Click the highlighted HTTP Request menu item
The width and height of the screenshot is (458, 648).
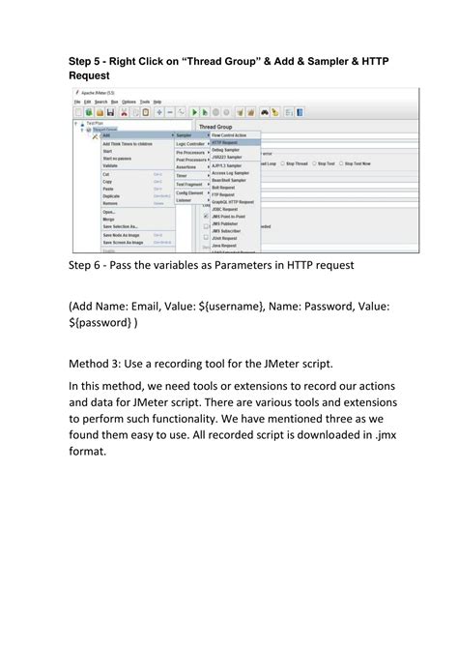click(224, 142)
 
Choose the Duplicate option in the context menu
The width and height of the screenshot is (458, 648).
click(112, 196)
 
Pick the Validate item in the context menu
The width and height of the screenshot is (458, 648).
click(110, 166)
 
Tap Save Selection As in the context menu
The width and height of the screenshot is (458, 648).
click(122, 226)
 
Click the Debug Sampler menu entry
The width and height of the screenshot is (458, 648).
click(225, 150)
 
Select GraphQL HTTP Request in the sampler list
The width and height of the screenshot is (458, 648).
click(233, 201)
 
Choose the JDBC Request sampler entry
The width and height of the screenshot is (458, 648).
click(225, 209)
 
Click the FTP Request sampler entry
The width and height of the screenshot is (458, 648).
click(223, 194)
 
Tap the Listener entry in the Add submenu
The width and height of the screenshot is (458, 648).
click(184, 200)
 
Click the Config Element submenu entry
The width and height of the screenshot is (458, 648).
click(189, 192)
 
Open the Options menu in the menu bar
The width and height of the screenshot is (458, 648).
click(129, 102)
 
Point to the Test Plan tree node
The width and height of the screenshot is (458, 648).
click(95, 124)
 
